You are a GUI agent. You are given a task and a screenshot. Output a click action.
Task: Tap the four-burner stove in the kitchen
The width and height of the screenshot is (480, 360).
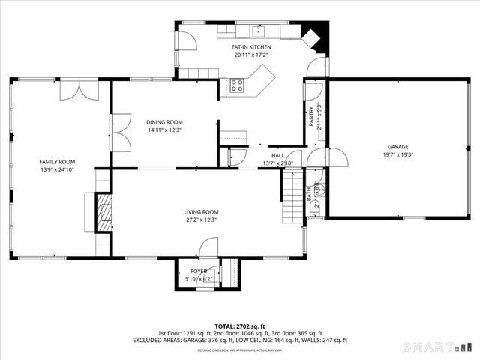point(237,85)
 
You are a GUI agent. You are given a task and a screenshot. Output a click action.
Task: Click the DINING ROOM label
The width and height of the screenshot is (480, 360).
point(163,122)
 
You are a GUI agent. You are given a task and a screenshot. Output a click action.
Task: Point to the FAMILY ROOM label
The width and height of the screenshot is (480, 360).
point(57,161)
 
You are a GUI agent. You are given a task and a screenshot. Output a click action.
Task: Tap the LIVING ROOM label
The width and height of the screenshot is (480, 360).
point(201,212)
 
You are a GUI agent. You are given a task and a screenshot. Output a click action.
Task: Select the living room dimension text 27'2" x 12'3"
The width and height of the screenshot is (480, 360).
point(201,220)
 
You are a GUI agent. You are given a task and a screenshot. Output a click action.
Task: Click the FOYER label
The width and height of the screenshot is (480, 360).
point(199,271)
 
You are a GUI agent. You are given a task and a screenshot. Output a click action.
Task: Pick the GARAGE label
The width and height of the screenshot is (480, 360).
point(397,147)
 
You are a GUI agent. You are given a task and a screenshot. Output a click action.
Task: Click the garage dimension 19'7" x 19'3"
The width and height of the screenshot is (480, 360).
point(397,155)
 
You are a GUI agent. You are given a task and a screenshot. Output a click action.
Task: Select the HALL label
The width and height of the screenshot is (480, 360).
point(277,155)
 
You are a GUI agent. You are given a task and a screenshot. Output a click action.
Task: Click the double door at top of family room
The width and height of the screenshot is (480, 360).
point(79,89)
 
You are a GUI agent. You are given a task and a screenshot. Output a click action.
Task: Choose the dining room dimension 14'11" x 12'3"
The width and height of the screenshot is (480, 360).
point(163,130)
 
